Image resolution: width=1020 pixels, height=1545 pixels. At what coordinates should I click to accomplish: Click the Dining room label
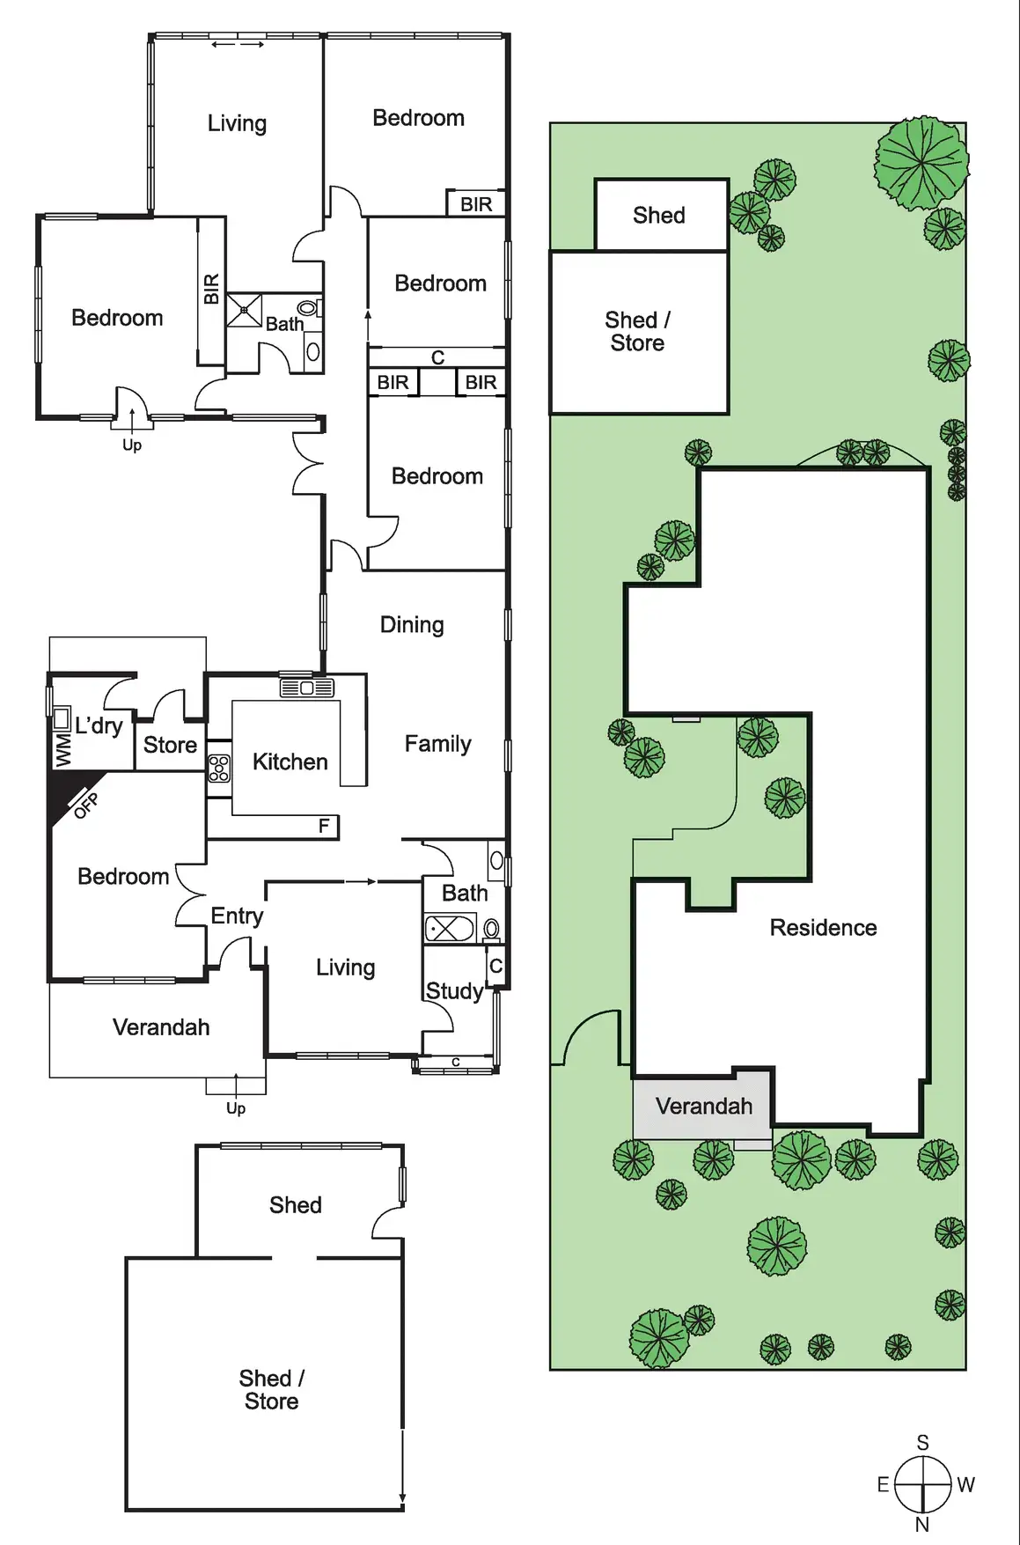412,625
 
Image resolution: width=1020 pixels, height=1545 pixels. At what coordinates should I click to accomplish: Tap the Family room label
437,744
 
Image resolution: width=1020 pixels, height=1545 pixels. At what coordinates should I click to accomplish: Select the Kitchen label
290,761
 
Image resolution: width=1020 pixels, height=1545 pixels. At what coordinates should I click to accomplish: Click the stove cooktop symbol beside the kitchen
219,769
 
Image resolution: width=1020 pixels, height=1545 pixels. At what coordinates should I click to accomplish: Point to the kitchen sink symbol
306,687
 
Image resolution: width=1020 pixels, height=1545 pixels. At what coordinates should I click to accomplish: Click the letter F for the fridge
324,826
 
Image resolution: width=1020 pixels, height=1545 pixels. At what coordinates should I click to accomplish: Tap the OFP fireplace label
85,805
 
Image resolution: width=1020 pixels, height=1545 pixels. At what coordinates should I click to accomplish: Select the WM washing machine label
62,751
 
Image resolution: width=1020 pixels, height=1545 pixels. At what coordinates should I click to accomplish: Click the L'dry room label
99,726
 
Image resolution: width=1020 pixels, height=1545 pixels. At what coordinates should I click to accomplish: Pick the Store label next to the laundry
170,745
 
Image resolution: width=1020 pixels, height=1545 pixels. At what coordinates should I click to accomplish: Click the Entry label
237,916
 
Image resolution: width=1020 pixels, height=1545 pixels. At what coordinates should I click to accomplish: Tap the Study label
454,991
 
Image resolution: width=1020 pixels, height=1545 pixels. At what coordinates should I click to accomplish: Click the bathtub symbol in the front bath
449,928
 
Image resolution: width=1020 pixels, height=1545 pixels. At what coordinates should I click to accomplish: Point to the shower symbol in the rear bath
244,311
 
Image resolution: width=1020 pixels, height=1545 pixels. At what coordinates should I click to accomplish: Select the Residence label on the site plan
823,928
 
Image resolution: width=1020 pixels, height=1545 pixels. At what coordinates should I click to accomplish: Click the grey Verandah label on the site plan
704,1107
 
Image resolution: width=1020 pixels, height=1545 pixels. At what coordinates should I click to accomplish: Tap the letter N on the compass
922,1525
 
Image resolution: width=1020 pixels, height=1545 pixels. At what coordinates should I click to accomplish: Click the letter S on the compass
922,1443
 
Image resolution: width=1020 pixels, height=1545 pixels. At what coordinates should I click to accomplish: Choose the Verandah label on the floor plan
161,1027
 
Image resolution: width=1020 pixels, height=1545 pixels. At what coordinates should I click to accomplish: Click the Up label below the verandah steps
236,1108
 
